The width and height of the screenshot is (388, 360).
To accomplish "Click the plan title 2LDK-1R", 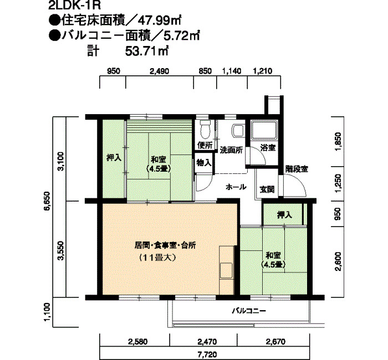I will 72,7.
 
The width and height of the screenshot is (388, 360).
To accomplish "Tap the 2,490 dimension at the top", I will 159,71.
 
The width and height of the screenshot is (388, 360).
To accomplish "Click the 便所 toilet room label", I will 205,146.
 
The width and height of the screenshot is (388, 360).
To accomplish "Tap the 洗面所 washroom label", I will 231,150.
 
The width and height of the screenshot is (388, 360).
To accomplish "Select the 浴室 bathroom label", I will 268,148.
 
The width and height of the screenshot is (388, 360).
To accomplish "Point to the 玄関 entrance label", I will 267,189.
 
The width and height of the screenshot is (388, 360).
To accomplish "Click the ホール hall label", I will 236,187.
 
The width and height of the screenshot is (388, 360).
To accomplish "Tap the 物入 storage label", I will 203,163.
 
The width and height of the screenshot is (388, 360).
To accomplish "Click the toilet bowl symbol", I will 204,129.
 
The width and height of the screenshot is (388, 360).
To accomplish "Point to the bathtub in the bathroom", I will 265,130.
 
